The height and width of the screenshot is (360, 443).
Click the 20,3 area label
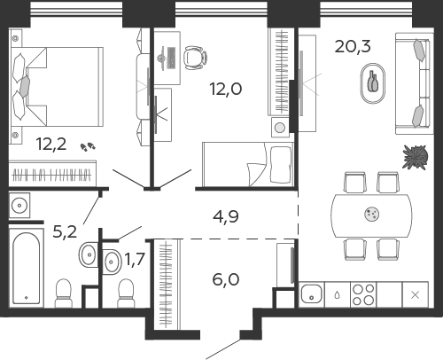(x=353, y=46)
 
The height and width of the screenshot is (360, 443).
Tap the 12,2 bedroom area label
(x=51, y=144)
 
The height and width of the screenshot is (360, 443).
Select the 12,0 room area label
(x=226, y=89)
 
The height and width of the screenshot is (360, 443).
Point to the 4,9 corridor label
(x=226, y=216)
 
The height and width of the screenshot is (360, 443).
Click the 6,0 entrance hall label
(x=226, y=279)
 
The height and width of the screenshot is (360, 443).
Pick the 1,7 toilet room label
(x=135, y=259)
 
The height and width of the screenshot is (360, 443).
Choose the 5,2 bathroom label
(x=65, y=231)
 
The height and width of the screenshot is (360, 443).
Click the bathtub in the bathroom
(x=27, y=268)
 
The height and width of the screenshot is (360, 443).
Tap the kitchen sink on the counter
(x=311, y=294)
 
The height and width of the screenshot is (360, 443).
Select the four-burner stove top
(x=363, y=294)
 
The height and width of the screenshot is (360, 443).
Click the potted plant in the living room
(x=416, y=157)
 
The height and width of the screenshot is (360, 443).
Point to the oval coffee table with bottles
(x=373, y=83)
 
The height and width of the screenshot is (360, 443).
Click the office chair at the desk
(x=195, y=58)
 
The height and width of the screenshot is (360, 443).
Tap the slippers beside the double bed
(x=88, y=146)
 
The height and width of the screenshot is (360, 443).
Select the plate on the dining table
(x=372, y=214)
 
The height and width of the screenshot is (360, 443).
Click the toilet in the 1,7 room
(x=126, y=293)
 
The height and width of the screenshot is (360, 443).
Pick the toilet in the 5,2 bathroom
(x=63, y=293)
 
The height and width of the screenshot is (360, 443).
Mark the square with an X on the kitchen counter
(x=416, y=294)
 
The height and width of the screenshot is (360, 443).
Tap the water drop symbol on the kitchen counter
(x=338, y=294)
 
